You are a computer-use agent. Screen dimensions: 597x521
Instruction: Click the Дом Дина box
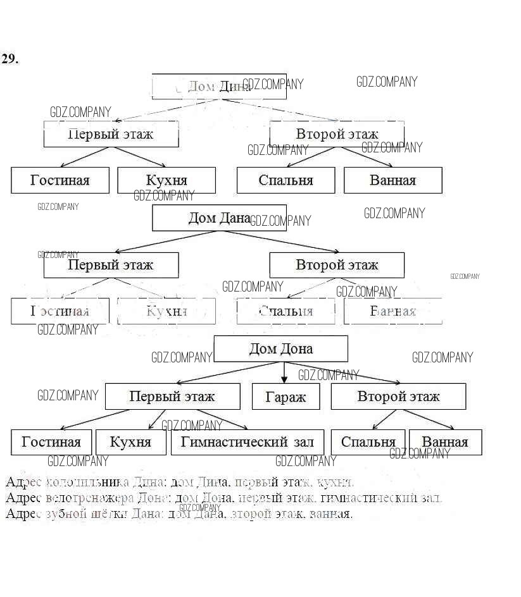coord(219,87)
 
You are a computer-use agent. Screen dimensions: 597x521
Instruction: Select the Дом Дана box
coord(219,218)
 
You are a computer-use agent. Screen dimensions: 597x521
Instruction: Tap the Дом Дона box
coord(280,348)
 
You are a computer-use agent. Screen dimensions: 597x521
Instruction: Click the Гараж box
coord(286,397)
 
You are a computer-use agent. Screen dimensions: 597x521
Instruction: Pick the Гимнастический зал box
coord(248,442)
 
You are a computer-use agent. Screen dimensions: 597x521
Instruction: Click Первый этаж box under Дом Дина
coord(111,135)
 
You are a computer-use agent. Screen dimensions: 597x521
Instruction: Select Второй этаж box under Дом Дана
coord(337,265)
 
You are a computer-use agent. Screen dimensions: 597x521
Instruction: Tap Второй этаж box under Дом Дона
coord(398,397)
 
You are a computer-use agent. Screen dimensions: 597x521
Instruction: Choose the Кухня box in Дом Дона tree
coord(130,442)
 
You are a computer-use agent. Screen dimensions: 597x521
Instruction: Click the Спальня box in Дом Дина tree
coord(286,180)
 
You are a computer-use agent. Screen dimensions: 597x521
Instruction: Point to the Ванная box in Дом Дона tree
coord(445,442)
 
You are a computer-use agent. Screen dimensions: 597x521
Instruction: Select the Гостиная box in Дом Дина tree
coord(60,180)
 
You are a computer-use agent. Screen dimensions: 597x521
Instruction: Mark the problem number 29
coord(10,59)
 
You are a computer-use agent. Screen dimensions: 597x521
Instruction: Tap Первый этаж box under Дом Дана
coord(111,265)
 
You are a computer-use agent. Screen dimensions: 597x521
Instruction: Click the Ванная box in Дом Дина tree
coord(392,180)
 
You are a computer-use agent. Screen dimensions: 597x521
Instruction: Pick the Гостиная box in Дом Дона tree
coord(51,442)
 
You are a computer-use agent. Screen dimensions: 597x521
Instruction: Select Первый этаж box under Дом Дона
coord(172,397)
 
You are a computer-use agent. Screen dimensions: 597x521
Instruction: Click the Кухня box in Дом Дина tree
coord(166,180)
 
